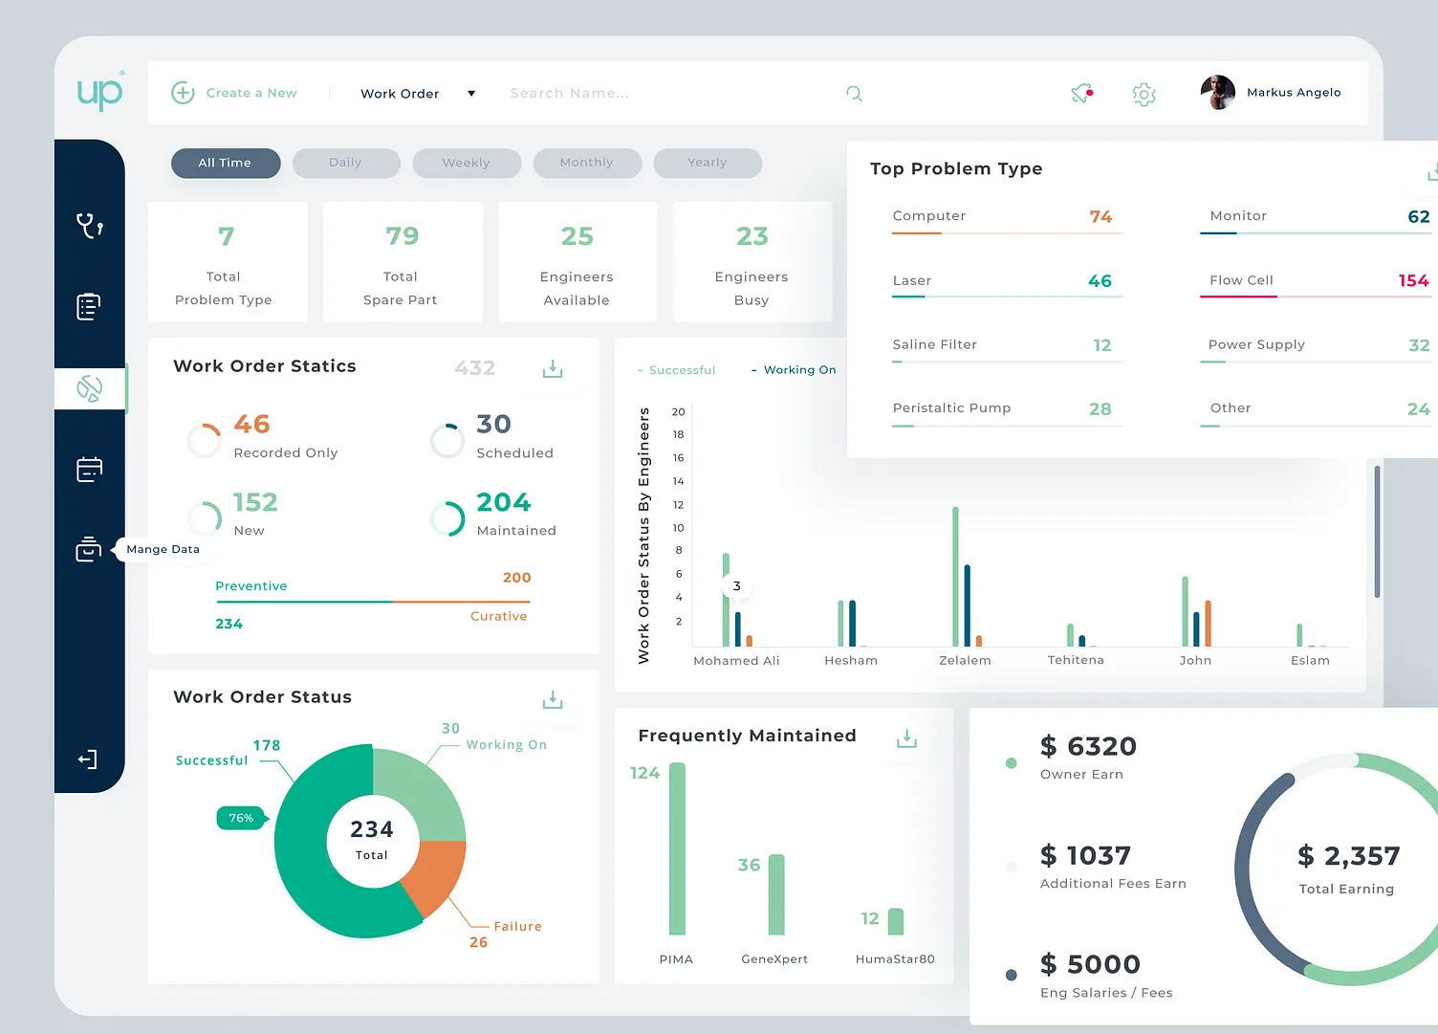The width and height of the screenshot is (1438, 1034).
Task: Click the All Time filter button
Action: [226, 164]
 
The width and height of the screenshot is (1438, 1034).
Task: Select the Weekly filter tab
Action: [466, 164]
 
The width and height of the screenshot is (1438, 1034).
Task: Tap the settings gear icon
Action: [1144, 95]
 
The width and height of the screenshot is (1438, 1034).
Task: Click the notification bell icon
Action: [1082, 93]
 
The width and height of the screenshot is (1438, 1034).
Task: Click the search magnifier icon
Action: [854, 94]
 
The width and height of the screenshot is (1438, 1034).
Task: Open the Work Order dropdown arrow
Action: [471, 94]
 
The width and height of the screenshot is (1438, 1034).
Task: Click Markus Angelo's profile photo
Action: [1218, 93]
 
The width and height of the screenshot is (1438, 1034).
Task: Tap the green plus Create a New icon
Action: [183, 93]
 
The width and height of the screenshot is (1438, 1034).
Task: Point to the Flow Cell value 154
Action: [1413, 280]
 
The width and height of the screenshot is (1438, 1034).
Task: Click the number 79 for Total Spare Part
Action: [403, 236]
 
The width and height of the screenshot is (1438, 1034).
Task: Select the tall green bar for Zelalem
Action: [955, 577]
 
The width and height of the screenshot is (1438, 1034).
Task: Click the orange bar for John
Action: [1209, 624]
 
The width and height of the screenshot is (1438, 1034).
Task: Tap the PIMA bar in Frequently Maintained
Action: [677, 849]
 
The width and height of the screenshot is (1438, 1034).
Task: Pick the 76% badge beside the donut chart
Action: [242, 818]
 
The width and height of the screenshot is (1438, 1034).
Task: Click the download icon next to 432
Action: [553, 368]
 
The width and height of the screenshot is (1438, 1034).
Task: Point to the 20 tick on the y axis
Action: [679, 411]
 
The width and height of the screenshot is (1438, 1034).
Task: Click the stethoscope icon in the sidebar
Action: [89, 226]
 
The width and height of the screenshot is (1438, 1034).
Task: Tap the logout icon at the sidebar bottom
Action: [87, 759]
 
